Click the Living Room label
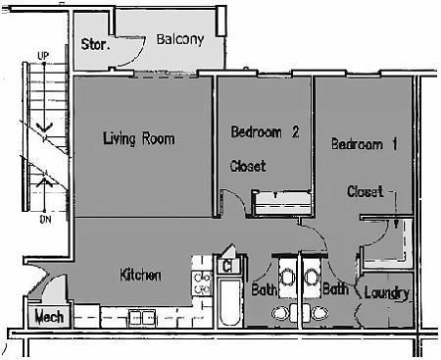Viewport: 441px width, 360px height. tap(138, 138)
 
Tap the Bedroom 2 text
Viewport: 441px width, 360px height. tap(265, 132)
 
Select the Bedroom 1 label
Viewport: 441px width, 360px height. tap(364, 144)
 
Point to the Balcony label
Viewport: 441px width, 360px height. tap(180, 40)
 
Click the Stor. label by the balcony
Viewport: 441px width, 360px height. tap(95, 44)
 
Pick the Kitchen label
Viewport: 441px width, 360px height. tap(140, 275)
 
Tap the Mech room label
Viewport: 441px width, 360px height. tap(49, 317)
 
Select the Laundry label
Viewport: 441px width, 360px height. tap(386, 292)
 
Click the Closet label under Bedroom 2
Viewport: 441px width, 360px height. tap(248, 166)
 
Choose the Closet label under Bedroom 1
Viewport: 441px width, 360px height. tap(365, 191)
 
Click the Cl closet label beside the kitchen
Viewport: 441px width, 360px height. tap(226, 265)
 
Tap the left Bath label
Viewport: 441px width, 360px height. tap(264, 290)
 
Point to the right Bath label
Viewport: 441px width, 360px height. tap(336, 290)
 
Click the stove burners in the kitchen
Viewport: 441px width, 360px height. tap(204, 283)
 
